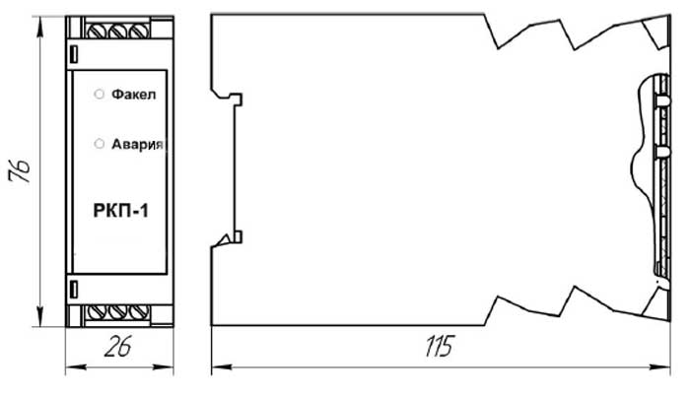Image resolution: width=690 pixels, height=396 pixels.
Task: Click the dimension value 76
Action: pyautogui.click(x=20, y=170)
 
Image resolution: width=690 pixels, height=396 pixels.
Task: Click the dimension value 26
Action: pyautogui.click(x=118, y=347)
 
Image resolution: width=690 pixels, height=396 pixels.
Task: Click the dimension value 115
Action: pyautogui.click(x=440, y=346)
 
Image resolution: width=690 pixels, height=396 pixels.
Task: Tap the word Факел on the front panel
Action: pyautogui.click(x=133, y=95)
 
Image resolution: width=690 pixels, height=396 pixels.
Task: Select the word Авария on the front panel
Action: pyautogui.click(x=137, y=144)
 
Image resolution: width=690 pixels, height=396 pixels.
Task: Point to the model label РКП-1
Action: pyautogui.click(x=121, y=211)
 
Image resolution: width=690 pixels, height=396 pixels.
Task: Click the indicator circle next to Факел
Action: pyautogui.click(x=100, y=94)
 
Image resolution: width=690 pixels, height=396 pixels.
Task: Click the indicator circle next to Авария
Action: pyautogui.click(x=100, y=144)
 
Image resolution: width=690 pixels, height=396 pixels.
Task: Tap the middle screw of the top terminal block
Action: pyautogui.click(x=118, y=31)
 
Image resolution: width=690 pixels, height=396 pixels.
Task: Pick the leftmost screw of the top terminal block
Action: pyautogui.click(x=97, y=31)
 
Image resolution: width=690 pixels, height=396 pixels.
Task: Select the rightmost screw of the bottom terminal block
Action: pyautogui.click(x=139, y=312)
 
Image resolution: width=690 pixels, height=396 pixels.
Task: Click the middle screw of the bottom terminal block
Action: pyautogui.click(x=118, y=312)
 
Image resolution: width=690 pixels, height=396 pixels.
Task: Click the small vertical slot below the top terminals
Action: pyautogui.click(x=74, y=53)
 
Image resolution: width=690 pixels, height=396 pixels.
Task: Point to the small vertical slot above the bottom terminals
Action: pyautogui.click(x=74, y=290)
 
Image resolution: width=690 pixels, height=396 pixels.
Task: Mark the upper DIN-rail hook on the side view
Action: pyautogui.click(x=231, y=98)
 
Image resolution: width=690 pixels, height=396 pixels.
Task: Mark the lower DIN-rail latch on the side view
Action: pyautogui.click(x=231, y=238)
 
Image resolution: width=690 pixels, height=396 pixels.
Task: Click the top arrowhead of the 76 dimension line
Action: pyautogui.click(x=40, y=28)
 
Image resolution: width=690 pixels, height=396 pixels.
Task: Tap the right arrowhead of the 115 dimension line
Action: pyautogui.click(x=660, y=366)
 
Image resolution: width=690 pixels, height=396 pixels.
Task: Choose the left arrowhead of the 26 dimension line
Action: pyautogui.click(x=76, y=366)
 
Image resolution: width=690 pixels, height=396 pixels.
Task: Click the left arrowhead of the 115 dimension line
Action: pyautogui.click(x=222, y=366)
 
